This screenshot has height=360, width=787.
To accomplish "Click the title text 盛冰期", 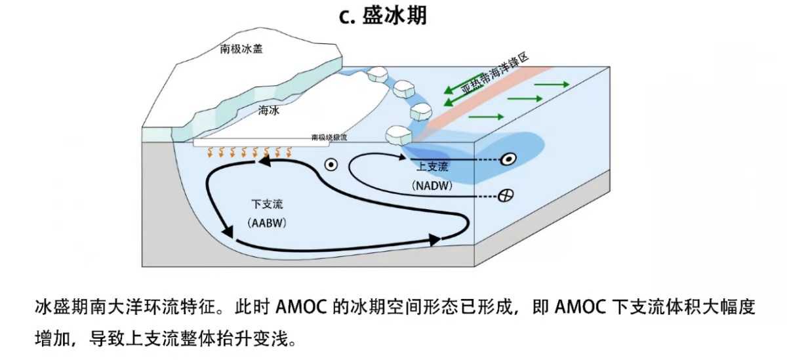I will pyautogui.click(x=393, y=15).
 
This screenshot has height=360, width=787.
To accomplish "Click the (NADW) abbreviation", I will pyautogui.click(x=430, y=186).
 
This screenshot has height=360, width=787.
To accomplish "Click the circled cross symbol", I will pyautogui.click(x=505, y=195).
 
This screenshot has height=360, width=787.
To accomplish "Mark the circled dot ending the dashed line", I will pyautogui.click(x=507, y=159).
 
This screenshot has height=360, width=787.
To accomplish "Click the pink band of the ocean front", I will pyautogui.click(x=472, y=102).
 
